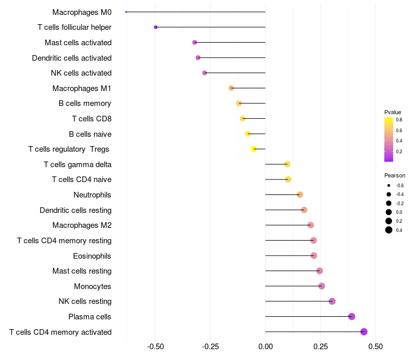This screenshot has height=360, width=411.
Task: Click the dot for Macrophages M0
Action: pos(126,12)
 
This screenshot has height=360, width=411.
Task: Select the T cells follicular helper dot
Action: pos(156,27)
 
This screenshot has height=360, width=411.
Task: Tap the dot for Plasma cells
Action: pos(351,316)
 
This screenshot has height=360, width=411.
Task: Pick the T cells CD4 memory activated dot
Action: pos(364,332)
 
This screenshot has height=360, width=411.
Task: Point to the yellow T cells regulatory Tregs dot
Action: pos(254,149)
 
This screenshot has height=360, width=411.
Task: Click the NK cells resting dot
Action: pos(332,301)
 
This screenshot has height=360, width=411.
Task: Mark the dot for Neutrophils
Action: pos(300,194)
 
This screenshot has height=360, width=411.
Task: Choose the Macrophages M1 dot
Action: pos(231,88)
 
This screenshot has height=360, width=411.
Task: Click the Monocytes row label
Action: pos(92,286)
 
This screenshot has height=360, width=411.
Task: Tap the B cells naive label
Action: pos(90,134)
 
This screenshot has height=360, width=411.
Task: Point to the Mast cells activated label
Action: pos(78,43)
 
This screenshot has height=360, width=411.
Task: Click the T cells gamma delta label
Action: pos(78,165)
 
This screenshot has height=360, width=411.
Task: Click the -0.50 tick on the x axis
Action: pos(156,347)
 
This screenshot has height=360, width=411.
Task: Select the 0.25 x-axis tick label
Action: pos(320,347)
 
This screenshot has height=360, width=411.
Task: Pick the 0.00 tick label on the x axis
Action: pos(265,347)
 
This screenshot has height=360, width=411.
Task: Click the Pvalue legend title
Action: pos(393,112)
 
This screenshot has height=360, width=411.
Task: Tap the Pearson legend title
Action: pos(395,175)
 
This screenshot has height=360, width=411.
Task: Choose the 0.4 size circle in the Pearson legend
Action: pos(389,230)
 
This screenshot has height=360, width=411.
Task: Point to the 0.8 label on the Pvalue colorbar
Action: pos(399,119)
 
